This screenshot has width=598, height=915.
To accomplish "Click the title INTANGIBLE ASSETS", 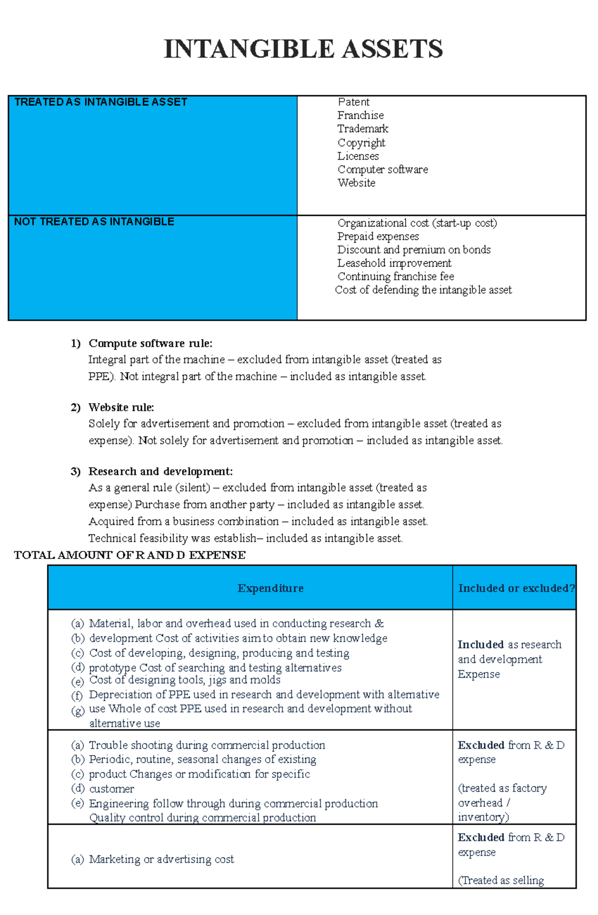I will tap(303, 49).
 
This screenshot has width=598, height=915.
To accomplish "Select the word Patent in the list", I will tap(353, 102).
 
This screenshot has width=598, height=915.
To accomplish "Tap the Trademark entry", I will tap(362, 129).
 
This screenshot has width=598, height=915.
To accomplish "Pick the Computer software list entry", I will tap(382, 170).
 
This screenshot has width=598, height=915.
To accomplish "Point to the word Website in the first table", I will tap(356, 183).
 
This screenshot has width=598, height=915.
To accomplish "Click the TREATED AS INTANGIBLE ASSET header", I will tap(101, 102).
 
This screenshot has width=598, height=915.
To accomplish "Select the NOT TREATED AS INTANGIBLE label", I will tap(94, 222).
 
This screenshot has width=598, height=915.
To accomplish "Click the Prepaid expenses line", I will tap(378, 236).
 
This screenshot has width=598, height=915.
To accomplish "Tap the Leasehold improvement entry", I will tap(394, 263).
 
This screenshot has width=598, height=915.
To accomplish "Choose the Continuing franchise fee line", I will tap(396, 277).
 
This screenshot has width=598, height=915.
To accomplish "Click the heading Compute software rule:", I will tap(150, 343).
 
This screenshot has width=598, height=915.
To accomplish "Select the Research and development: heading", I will tap(160, 472).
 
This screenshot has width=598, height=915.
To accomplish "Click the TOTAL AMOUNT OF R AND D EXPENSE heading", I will tap(130, 555).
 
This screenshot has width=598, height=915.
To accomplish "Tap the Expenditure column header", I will tap(270, 588).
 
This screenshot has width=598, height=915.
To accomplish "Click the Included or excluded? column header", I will tap(516, 588).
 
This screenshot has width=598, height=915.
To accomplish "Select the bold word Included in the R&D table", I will tap(480, 645).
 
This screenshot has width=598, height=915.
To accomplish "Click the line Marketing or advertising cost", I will tap(161, 860).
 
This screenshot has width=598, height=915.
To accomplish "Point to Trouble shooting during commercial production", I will tap(206, 745).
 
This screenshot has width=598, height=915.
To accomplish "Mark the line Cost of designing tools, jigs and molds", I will tap(184, 680).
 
